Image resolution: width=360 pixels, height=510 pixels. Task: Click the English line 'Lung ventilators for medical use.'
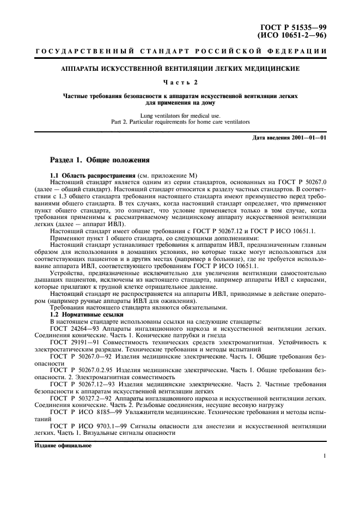coord(180,115)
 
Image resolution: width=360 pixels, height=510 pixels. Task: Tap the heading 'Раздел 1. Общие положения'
coord(99,161)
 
